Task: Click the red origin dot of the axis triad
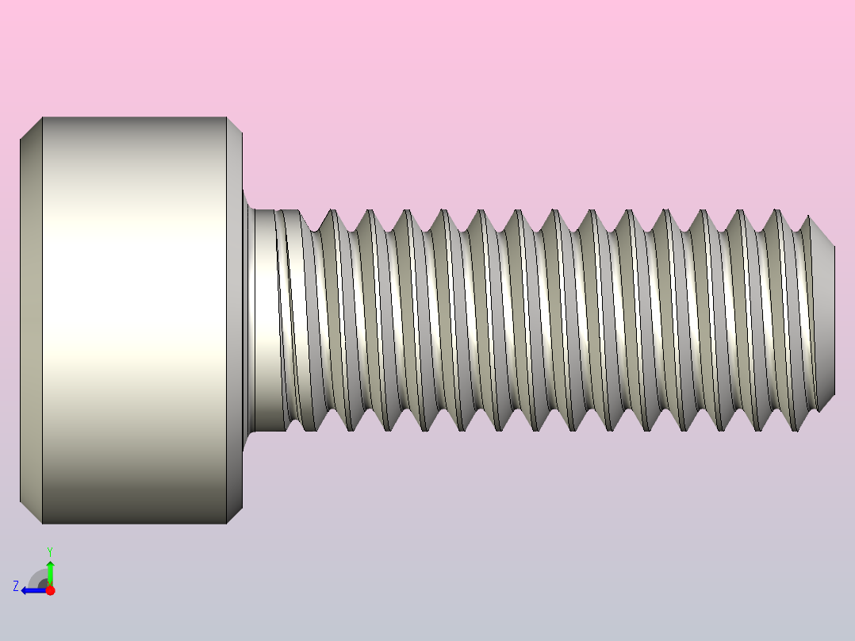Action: pos(50,590)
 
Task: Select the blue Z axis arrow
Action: pos(34,590)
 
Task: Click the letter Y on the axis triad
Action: pos(50,552)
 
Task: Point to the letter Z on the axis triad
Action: pos(16,586)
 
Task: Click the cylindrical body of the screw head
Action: pos(134,320)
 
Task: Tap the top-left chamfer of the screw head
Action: pos(31,128)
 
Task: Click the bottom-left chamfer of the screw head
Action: pos(31,512)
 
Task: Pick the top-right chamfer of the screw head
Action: pos(235,125)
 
